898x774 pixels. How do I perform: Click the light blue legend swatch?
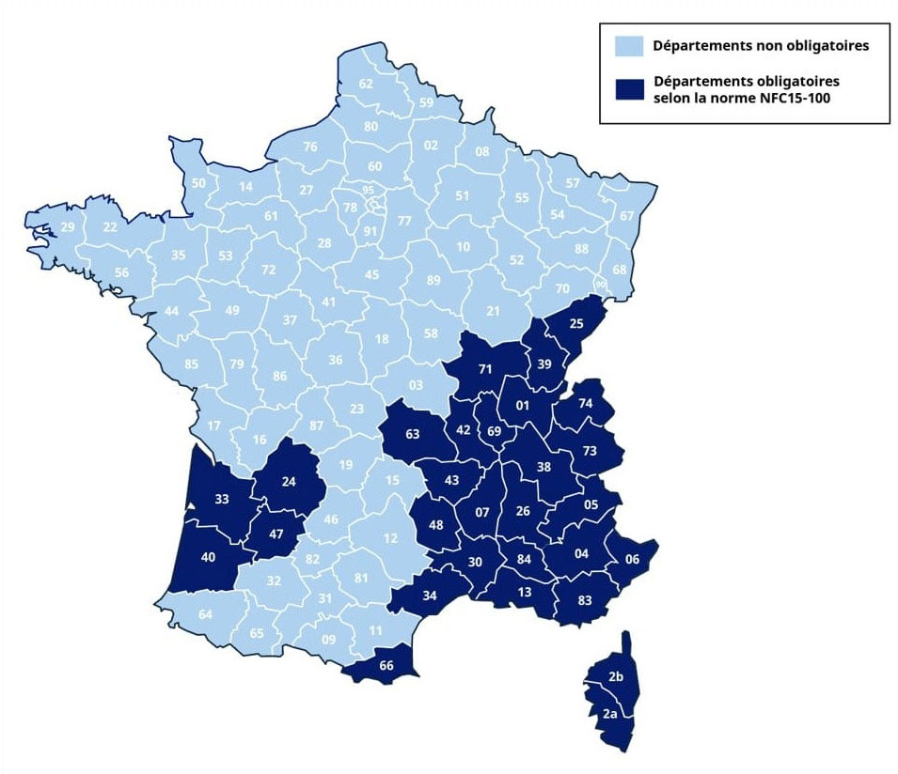pyautogui.click(x=627, y=45)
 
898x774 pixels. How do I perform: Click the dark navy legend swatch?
pyautogui.click(x=627, y=88)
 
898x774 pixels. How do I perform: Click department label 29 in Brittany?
pyautogui.click(x=67, y=227)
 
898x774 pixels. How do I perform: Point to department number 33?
pyautogui.click(x=224, y=500)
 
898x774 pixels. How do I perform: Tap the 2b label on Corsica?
pyautogui.click(x=616, y=677)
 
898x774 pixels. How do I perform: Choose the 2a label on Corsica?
pyautogui.click(x=609, y=715)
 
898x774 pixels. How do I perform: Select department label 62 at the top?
pyautogui.click(x=367, y=84)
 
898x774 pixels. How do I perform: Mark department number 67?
pyautogui.click(x=626, y=216)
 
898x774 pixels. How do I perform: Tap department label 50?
pyautogui.click(x=198, y=182)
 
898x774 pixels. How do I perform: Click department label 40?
pyautogui.click(x=210, y=556)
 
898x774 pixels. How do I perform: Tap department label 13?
pyautogui.click(x=524, y=591)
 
